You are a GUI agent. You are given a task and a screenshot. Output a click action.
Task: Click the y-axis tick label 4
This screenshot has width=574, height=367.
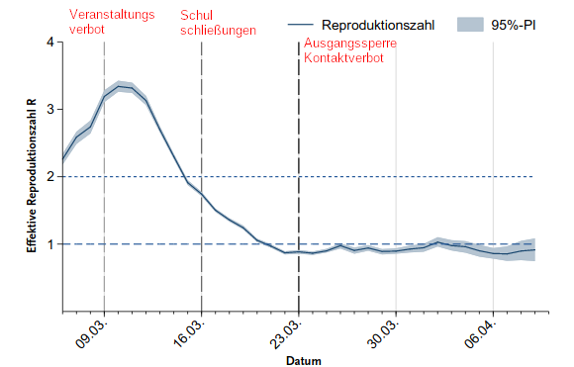pyautogui.click(x=50, y=43)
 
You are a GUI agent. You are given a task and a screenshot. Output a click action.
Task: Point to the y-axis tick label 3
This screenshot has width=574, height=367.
pyautogui.click(x=50, y=110)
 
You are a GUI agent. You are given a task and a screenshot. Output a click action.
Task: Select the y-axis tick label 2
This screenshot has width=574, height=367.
pyautogui.click(x=50, y=177)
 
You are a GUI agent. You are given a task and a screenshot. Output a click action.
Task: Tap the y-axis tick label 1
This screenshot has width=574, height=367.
pyautogui.click(x=50, y=244)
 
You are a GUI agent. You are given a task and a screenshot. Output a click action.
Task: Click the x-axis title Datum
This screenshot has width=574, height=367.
pyautogui.click(x=304, y=361)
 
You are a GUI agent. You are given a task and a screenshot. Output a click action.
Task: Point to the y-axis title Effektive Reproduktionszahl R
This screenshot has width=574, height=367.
pyautogui.click(x=32, y=176)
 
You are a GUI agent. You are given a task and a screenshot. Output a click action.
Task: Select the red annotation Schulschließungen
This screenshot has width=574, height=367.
pyautogui.click(x=218, y=23)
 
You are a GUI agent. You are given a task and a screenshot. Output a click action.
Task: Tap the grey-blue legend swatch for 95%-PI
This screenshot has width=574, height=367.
pyautogui.click(x=474, y=24)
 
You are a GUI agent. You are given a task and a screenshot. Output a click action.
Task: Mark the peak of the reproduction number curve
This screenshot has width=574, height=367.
pyautogui.click(x=119, y=86)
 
